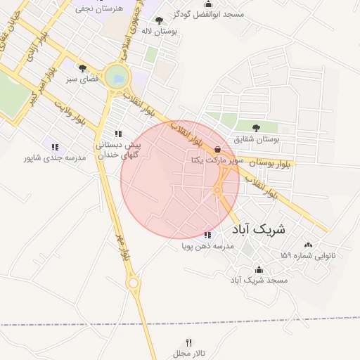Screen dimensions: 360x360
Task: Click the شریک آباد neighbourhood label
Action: pyautogui.click(x=258, y=229)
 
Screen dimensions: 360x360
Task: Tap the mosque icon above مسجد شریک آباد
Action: pyautogui.click(x=259, y=269)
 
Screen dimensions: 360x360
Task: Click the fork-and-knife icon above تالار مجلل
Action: pyautogui.click(x=188, y=342)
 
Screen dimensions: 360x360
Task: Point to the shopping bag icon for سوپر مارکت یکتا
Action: pyautogui.click(x=217, y=149)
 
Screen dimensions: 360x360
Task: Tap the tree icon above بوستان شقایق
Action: pyautogui.click(x=255, y=128)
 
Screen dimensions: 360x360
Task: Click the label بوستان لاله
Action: pyautogui.click(x=158, y=32)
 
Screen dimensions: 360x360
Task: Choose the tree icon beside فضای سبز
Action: pyautogui.click(x=83, y=69)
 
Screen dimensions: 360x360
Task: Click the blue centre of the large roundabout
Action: pyautogui.click(x=117, y=77)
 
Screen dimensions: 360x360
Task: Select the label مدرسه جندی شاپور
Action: pyautogui.click(x=55, y=158)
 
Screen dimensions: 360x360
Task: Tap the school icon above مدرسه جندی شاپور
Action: pyautogui.click(x=55, y=146)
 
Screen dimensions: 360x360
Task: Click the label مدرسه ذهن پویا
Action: pyautogui.click(x=207, y=247)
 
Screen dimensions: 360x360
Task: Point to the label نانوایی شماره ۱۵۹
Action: pyautogui.click(x=308, y=255)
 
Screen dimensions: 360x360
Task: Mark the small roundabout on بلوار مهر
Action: pyautogui.click(x=133, y=283)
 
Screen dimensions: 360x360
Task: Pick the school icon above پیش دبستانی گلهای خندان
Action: pyautogui.click(x=118, y=134)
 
